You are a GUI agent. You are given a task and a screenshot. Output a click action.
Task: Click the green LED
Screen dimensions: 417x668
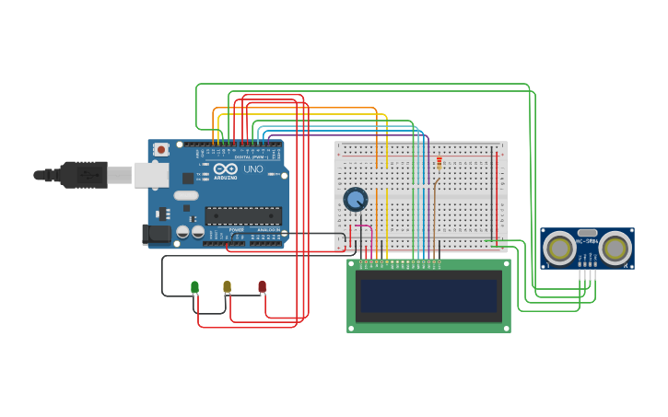pyautogui.click(x=194, y=287)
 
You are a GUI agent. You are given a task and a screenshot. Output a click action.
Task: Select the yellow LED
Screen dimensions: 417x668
pyautogui.click(x=227, y=287)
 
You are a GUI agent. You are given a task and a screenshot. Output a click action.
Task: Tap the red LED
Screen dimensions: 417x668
pyautogui.click(x=262, y=287)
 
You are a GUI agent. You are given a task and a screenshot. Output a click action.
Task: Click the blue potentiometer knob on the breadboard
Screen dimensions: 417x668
pyautogui.click(x=356, y=199)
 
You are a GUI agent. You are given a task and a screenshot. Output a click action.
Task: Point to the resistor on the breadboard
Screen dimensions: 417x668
pyautogui.click(x=439, y=165)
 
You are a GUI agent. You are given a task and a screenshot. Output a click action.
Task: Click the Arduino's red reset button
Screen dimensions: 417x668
pyautogui.click(x=161, y=149)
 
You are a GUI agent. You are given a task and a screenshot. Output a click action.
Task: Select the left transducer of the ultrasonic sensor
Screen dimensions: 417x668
pyautogui.click(x=559, y=247)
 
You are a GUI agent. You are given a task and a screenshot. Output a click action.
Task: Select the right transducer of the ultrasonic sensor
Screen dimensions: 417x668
pyautogui.click(x=615, y=247)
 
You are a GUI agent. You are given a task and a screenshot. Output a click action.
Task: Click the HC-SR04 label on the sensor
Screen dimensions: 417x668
pyautogui.click(x=587, y=241)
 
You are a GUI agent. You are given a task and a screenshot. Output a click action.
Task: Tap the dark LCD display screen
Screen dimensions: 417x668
pyautogui.click(x=428, y=296)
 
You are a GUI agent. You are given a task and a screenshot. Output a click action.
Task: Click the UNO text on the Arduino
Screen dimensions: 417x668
pyautogui.click(x=252, y=169)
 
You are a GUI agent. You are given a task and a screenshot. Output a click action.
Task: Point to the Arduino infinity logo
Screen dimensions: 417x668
pyautogui.click(x=225, y=168)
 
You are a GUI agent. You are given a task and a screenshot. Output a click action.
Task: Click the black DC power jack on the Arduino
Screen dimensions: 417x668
pyautogui.click(x=158, y=235)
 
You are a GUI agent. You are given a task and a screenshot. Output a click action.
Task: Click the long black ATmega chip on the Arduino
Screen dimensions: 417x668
pyautogui.click(x=242, y=216)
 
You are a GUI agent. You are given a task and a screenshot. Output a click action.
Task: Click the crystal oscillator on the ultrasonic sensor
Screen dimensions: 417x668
pyautogui.click(x=587, y=232)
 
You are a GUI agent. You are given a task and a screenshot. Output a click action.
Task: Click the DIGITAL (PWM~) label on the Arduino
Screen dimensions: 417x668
pyautogui.click(x=250, y=157)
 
